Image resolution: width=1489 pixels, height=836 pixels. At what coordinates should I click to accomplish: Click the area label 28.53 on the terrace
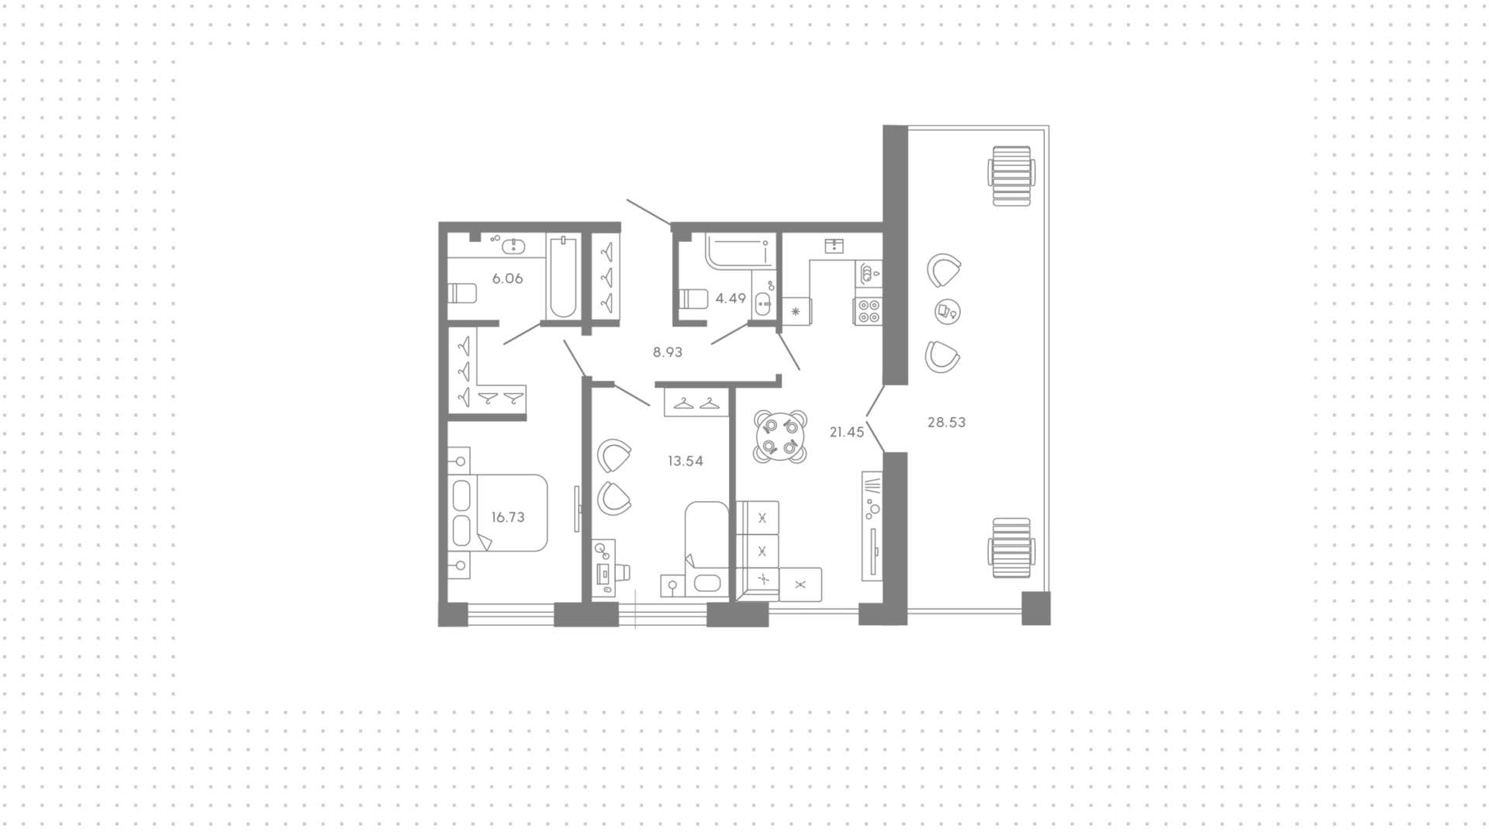pos(946,423)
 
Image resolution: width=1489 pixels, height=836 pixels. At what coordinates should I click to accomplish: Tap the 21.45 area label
pos(846,433)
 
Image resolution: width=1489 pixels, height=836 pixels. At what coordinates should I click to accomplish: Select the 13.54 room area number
pos(686,461)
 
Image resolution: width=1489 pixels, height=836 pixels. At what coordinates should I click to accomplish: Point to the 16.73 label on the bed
pos(508,517)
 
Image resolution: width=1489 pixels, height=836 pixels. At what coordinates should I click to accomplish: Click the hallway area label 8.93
pos(668,352)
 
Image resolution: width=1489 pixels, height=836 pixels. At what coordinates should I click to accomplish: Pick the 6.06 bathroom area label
pos(508,278)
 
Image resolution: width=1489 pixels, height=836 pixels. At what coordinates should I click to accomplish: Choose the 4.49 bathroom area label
pos(731,298)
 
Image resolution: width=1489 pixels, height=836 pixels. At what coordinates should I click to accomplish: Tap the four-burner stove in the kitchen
pos(868,311)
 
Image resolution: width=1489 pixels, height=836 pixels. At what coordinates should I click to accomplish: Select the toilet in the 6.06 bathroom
pos(463,294)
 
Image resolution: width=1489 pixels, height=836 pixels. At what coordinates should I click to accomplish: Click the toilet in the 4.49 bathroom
pos(693,299)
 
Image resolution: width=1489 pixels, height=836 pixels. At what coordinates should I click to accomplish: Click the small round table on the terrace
pos(948,312)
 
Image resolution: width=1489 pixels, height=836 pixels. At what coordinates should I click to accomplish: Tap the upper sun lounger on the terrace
pos(1011,175)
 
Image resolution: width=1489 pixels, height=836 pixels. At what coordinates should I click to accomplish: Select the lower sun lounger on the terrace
pos(1011,548)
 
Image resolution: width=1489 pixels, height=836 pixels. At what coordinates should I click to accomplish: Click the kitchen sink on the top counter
pos(834,246)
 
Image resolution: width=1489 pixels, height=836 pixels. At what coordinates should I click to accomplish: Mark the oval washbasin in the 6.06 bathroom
pos(513,247)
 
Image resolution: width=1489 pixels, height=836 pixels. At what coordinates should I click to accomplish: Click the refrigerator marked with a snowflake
pos(796,312)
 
